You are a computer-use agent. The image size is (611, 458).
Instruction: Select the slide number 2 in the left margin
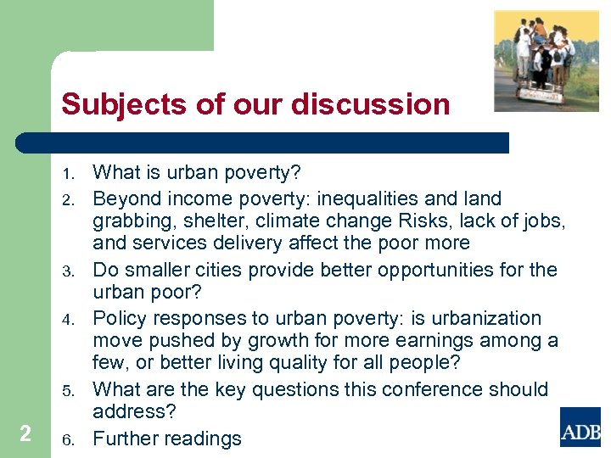(x=25, y=433)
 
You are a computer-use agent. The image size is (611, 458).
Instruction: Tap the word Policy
(x=119, y=318)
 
